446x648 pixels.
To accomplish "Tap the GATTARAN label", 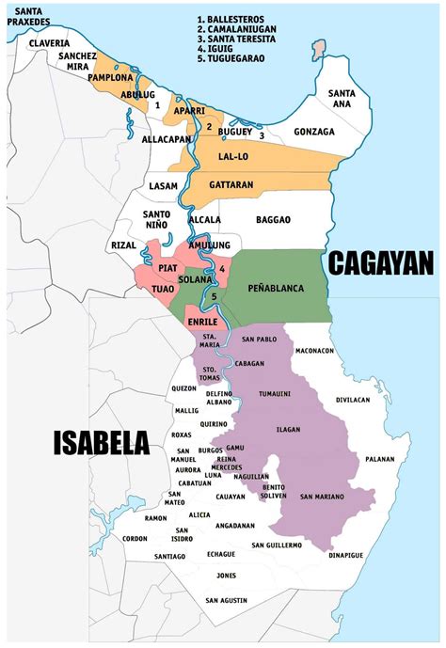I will [231, 185].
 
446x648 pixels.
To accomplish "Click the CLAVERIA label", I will [49, 43].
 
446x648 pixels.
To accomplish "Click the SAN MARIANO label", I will [322, 496].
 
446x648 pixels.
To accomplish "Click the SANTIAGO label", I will [169, 556].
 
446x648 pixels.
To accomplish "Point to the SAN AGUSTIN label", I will [226, 600].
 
